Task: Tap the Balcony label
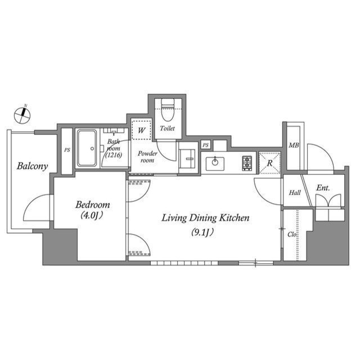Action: (32, 166)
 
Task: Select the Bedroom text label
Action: (93, 205)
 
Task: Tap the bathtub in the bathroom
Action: (87, 148)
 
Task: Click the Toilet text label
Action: (167, 129)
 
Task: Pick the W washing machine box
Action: (142, 129)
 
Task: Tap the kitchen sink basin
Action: (214, 164)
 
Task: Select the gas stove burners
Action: (247, 163)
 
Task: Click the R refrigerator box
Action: (270, 163)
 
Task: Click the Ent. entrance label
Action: (323, 188)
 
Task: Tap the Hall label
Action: (294, 193)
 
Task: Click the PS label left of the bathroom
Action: (67, 150)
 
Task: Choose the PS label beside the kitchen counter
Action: (206, 145)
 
